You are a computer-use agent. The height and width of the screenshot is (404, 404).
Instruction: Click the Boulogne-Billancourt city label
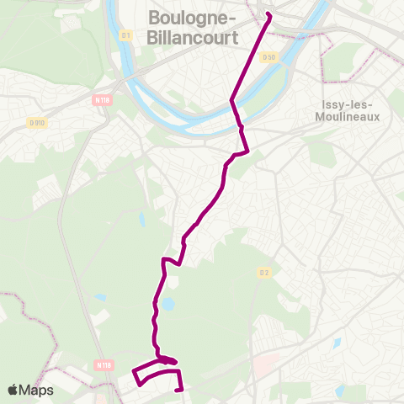tap(192, 27)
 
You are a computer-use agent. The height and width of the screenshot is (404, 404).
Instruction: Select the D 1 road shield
tap(126, 35)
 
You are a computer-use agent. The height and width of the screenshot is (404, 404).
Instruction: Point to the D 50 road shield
tap(268, 57)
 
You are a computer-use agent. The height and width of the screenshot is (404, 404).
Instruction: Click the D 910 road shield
tap(37, 124)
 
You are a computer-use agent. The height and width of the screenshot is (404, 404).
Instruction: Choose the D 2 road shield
tap(263, 272)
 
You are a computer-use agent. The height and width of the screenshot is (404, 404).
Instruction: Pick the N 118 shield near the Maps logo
tap(104, 365)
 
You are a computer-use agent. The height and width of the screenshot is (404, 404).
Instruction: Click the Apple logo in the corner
tap(13, 390)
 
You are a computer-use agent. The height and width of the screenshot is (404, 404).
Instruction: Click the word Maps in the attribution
tap(37, 390)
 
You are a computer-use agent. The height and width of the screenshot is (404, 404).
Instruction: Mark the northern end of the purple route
tap(268, 13)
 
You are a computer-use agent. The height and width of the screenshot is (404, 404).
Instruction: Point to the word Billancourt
tap(192, 37)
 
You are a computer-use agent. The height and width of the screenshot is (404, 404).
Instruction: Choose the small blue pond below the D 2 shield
tap(337, 343)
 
